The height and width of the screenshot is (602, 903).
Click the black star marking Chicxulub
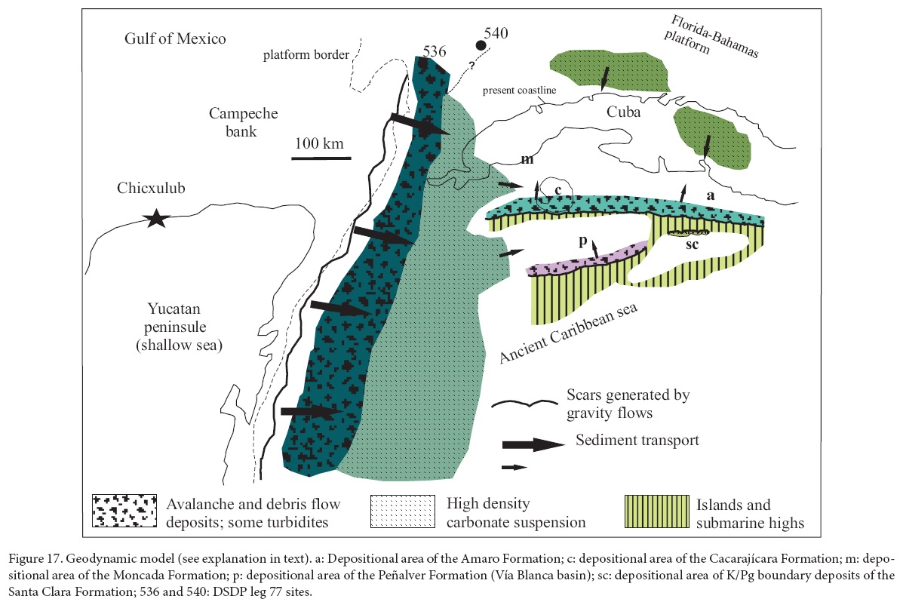pos(156,219)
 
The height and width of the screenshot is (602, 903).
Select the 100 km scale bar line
pos(322,158)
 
